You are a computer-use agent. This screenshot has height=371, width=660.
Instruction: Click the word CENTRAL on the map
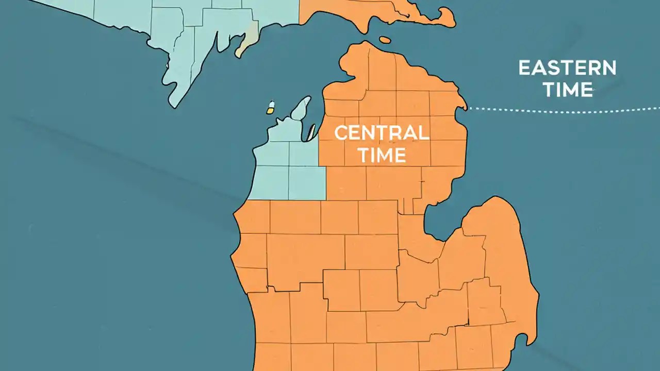(x=382, y=133)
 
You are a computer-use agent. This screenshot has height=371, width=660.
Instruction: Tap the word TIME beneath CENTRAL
(x=382, y=155)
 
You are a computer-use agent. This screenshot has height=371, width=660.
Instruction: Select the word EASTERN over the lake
(x=567, y=68)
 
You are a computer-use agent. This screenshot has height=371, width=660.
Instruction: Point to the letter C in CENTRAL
(x=341, y=133)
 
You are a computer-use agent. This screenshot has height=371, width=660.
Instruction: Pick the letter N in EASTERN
(x=608, y=68)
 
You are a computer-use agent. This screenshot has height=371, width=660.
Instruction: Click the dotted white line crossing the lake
(x=567, y=109)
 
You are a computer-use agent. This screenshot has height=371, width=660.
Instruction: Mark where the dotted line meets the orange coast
(x=468, y=109)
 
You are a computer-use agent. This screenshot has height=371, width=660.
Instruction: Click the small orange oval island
(x=385, y=39)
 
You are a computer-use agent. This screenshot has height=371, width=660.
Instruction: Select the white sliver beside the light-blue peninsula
(x=312, y=132)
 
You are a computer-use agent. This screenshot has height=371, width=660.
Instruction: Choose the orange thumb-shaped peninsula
(x=495, y=242)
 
